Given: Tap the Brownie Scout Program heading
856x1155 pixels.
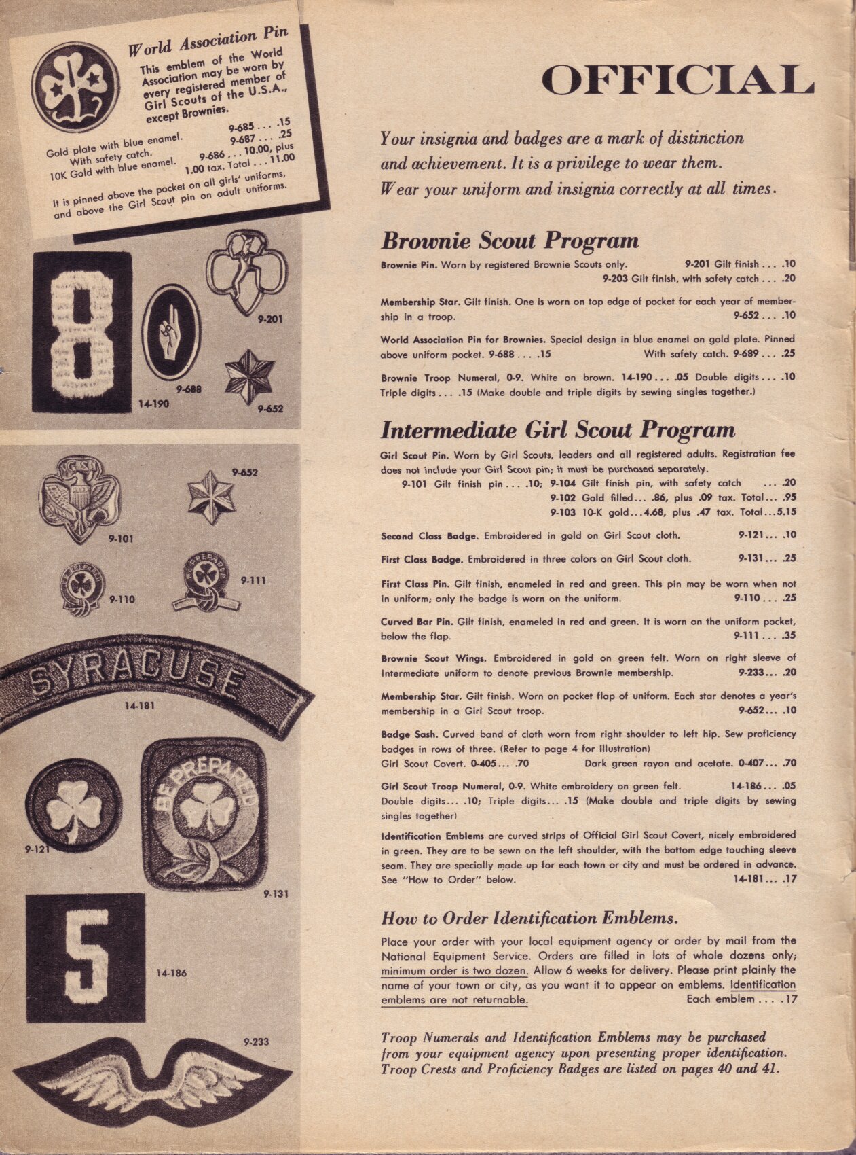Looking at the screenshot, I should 509,241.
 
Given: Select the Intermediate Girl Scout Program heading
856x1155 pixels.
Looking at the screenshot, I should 557,430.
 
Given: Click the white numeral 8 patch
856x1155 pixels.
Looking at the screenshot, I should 82,332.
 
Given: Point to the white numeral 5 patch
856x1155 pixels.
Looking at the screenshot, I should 86,958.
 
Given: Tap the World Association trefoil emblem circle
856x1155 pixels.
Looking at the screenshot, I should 76,86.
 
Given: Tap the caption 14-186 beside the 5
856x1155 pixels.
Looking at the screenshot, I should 172,973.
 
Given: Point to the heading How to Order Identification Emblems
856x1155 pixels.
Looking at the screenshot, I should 529,919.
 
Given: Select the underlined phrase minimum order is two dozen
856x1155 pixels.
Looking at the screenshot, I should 454,971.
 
